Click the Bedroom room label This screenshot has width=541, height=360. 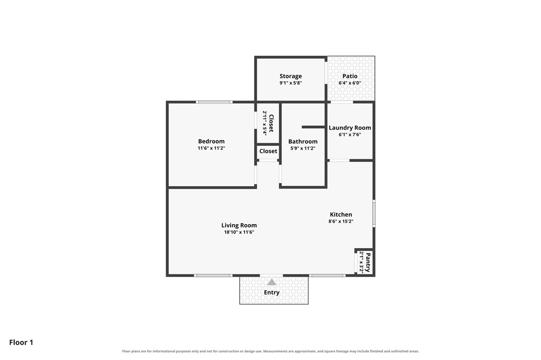pyautogui.click(x=211, y=141)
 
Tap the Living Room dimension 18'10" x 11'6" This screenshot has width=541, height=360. pyautogui.click(x=239, y=232)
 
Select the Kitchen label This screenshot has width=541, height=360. pyautogui.click(x=341, y=214)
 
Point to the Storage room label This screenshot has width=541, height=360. pyautogui.click(x=290, y=76)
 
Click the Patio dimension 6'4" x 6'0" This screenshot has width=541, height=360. pyautogui.click(x=350, y=83)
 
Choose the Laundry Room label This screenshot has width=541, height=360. pyautogui.click(x=350, y=127)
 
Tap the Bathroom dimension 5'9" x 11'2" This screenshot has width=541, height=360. pyautogui.click(x=303, y=148)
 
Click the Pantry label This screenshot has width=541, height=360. pyautogui.click(x=368, y=262)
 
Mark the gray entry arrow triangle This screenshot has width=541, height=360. pyautogui.click(x=271, y=282)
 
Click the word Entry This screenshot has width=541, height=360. pyautogui.click(x=271, y=292)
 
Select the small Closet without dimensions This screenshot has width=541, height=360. pyautogui.click(x=268, y=151)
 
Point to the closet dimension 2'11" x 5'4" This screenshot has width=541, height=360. pyautogui.click(x=265, y=123)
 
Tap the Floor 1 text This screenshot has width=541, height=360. pyautogui.click(x=21, y=343)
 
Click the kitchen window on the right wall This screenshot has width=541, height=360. pyautogui.click(x=374, y=213)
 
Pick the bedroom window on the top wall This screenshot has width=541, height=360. pyautogui.click(x=214, y=102)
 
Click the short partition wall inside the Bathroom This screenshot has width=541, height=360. pyautogui.click(x=313, y=127)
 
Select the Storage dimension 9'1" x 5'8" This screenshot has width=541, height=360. pyautogui.click(x=290, y=83)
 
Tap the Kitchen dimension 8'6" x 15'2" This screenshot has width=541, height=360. pyautogui.click(x=341, y=222)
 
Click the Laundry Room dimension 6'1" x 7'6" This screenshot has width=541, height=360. pyautogui.click(x=350, y=134)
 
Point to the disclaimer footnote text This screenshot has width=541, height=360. pyautogui.click(x=270, y=351)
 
